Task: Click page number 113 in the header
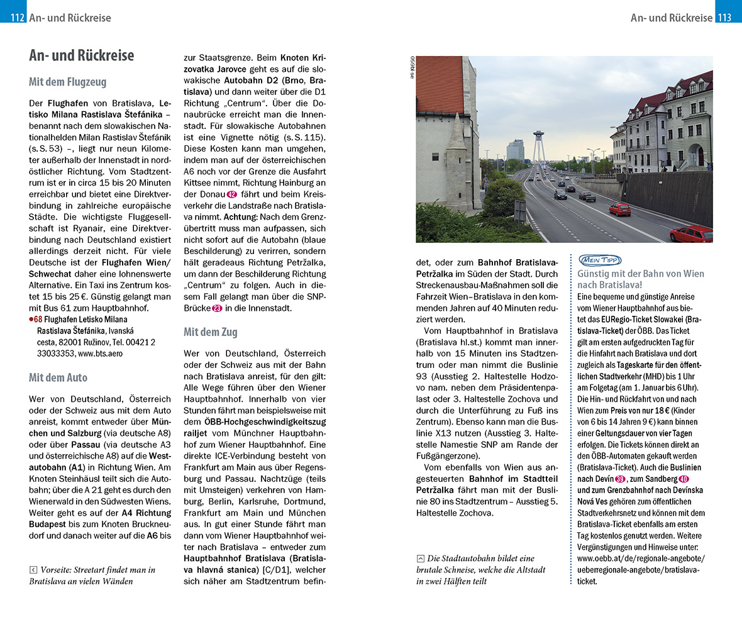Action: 724,18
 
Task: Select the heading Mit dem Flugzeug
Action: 67,82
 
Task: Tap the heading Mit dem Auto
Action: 58,377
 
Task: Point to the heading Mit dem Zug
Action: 210,331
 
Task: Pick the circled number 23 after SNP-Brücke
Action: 217,308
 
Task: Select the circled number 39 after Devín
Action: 620,479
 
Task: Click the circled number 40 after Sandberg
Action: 684,479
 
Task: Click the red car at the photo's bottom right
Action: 690,234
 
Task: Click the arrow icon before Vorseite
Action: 33,570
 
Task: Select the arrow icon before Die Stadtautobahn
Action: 420,559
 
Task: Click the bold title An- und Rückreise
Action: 81,55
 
